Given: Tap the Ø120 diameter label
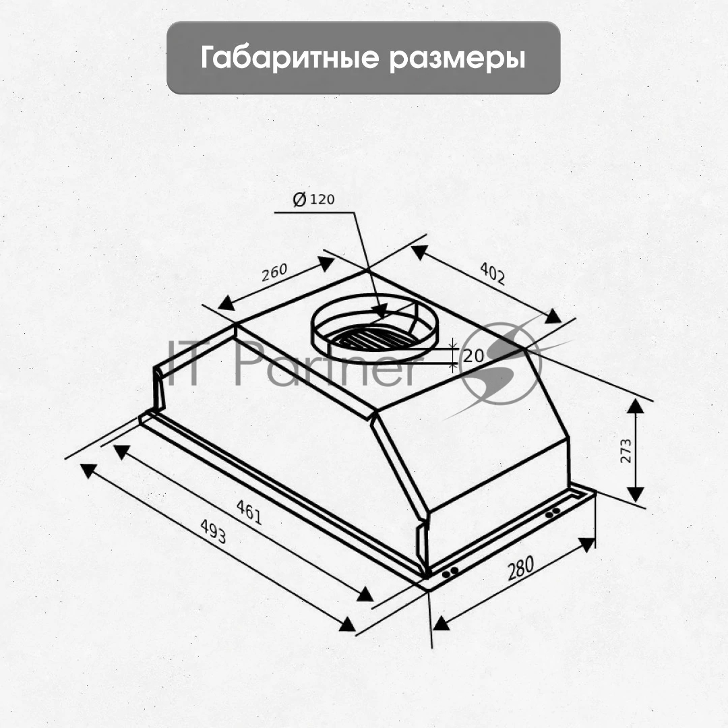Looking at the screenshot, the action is pos(314,199).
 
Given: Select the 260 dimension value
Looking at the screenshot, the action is pos(274,272).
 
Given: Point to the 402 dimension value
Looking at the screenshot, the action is pos(492,273).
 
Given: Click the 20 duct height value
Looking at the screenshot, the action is pos(474,356).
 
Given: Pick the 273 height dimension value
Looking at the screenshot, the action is pos(626,451).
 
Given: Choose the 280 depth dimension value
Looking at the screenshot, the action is pos(520,568).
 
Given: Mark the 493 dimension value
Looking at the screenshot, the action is pos(213,531).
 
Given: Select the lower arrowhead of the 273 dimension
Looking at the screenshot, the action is pos(636,495).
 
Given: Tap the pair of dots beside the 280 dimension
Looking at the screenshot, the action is pos(450,572).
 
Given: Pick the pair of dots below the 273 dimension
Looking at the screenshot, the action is pos(553,512).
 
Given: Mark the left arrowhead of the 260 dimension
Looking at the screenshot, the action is pos(226,303).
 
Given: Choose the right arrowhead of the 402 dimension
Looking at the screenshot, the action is pos(553,316).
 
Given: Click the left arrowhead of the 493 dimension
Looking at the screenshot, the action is pos(88,471).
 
